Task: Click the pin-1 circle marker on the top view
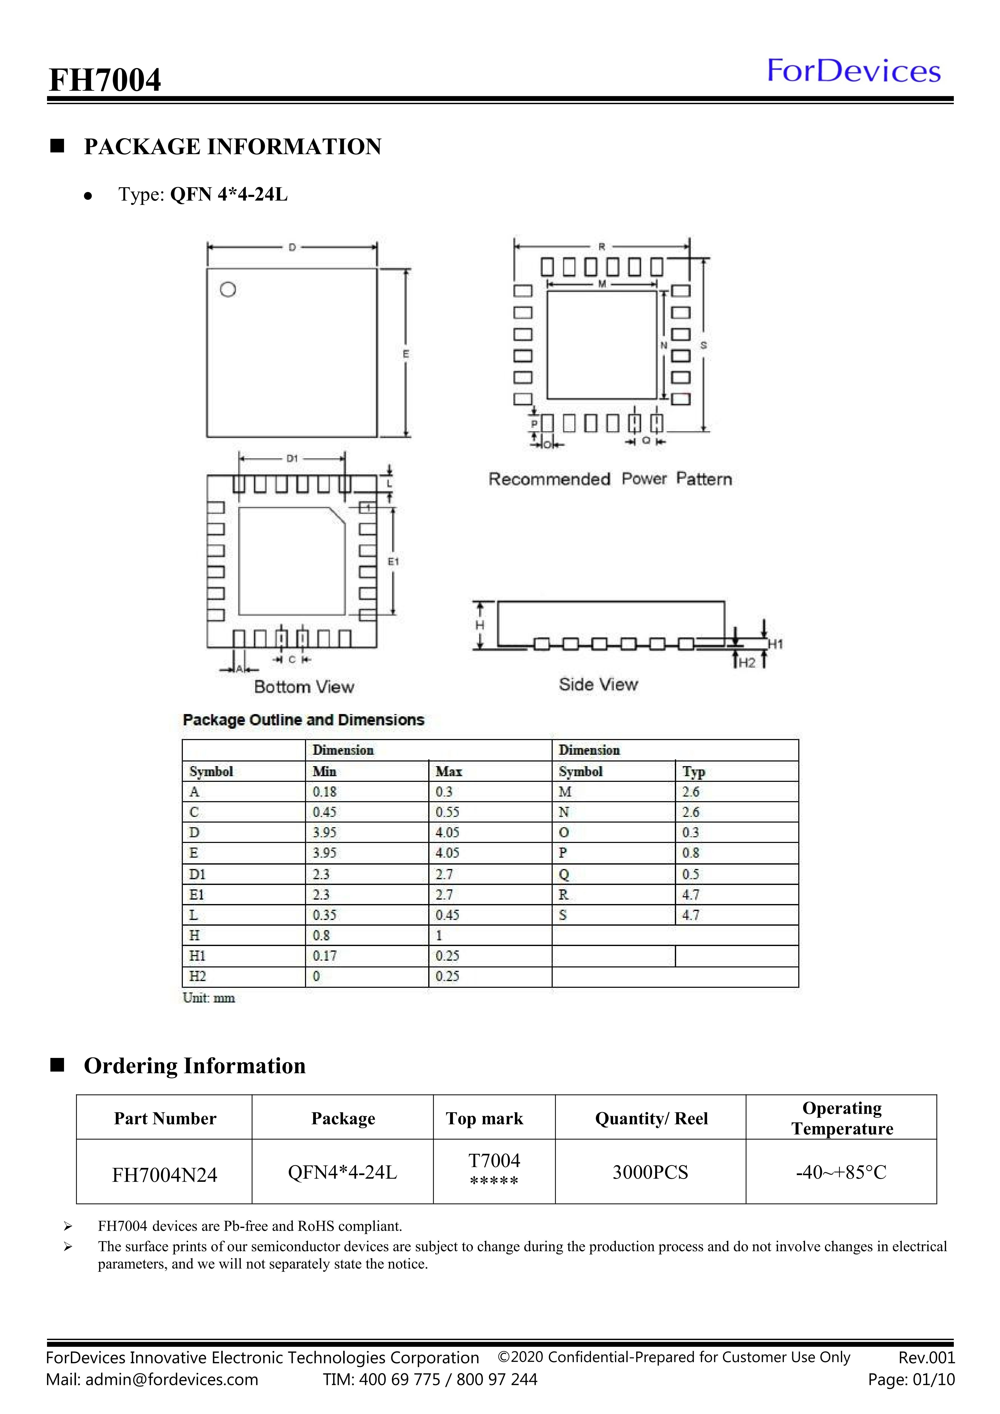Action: [228, 290]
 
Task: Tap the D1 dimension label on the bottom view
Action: [292, 458]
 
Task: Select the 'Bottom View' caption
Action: [304, 687]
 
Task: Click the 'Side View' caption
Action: [598, 684]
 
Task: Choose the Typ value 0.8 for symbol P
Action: [690, 853]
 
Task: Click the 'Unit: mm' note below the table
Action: [209, 998]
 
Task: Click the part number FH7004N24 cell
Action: [164, 1175]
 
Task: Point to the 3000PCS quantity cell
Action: [650, 1172]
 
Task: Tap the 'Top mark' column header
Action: [485, 1118]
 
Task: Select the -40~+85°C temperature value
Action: [841, 1172]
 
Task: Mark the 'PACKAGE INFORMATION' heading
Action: [233, 147]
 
